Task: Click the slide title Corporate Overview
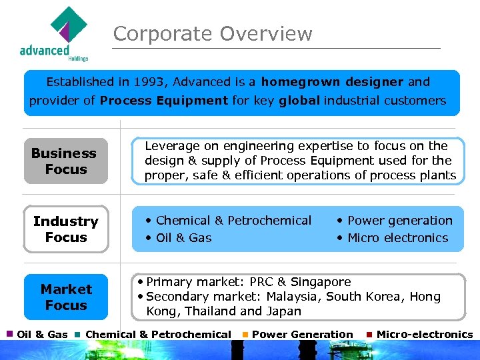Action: (x=212, y=34)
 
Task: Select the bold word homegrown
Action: (x=294, y=82)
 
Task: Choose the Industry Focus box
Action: (x=65, y=229)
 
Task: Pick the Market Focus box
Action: (x=65, y=297)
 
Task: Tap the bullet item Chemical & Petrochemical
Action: (x=233, y=221)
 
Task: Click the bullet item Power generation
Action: (x=399, y=221)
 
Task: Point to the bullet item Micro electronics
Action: (x=397, y=238)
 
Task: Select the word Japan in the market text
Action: (x=283, y=311)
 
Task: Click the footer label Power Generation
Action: (x=302, y=335)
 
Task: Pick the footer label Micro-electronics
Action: (x=424, y=335)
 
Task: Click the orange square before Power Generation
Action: (x=245, y=335)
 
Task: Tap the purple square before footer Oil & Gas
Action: (x=9, y=334)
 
